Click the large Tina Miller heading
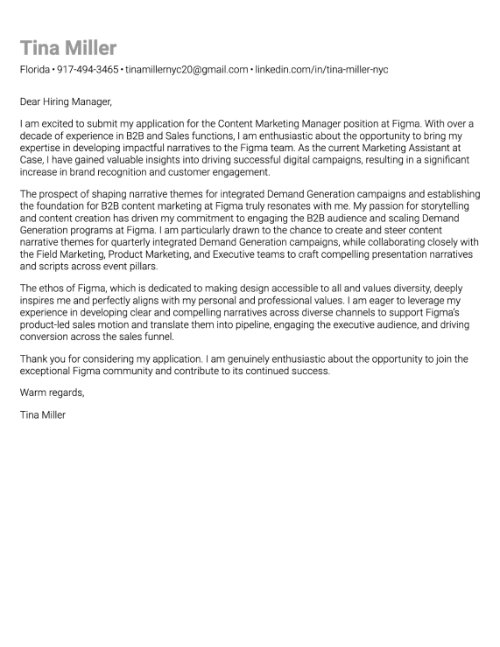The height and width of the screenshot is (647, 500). point(68,48)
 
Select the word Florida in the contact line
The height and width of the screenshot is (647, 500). point(35,69)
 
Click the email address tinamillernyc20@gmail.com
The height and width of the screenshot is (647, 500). point(187,69)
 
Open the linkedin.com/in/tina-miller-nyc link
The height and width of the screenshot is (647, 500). point(321,69)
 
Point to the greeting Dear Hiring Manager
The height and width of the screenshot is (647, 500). point(66,101)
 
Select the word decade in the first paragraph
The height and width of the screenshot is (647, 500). point(35,137)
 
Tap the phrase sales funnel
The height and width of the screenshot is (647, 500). point(147,336)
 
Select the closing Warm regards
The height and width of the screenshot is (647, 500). point(52,392)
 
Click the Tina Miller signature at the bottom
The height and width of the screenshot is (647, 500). point(42,414)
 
